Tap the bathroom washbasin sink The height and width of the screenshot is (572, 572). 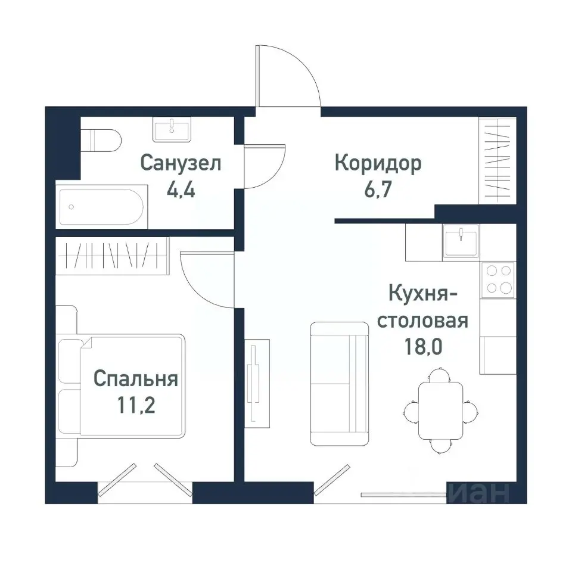(x=172, y=129)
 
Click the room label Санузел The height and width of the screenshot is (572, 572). (x=181, y=163)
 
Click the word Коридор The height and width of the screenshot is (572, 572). (x=378, y=163)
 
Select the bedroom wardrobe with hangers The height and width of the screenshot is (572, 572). (x=113, y=256)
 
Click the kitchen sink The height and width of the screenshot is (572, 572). (x=461, y=241)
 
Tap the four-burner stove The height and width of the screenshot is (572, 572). (x=499, y=279)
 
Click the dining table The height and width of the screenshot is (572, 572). (x=440, y=410)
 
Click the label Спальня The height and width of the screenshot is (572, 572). (x=136, y=379)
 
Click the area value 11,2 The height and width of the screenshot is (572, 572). (x=136, y=406)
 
